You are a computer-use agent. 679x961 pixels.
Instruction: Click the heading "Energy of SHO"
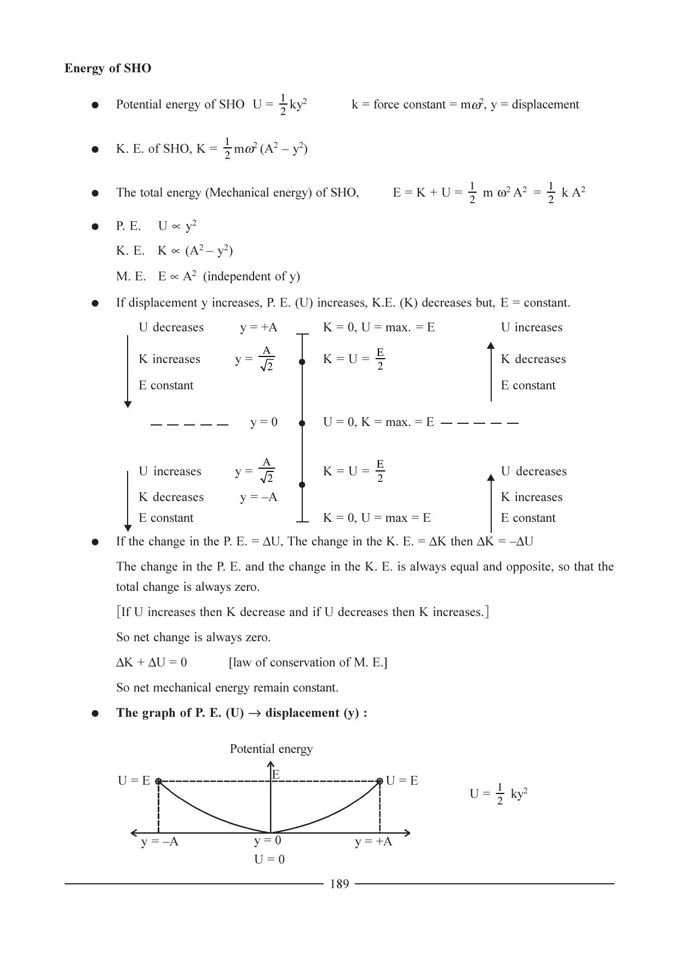pyautogui.click(x=108, y=68)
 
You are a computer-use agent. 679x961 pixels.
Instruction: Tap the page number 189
pyautogui.click(x=339, y=884)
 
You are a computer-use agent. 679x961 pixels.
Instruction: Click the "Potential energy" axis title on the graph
pyautogui.click(x=271, y=749)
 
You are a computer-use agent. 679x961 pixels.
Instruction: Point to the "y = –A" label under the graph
pyautogui.click(x=159, y=842)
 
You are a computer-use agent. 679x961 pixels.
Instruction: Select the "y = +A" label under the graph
pyautogui.click(x=373, y=842)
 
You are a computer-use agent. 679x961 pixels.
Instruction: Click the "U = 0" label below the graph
pyautogui.click(x=269, y=859)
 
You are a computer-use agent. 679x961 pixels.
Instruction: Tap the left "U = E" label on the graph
pyautogui.click(x=134, y=781)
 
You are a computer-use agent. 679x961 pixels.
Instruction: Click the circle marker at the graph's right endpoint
pyautogui.click(x=379, y=781)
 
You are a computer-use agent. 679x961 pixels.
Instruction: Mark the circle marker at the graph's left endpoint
pyautogui.click(x=158, y=781)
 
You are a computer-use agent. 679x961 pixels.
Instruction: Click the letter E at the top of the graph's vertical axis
pyautogui.click(x=276, y=774)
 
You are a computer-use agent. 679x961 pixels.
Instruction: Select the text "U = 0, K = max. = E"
pyautogui.click(x=378, y=422)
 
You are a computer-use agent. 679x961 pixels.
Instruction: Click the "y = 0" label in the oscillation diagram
pyautogui.click(x=264, y=422)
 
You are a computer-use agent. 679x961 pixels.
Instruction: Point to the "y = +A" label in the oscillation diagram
pyautogui.click(x=258, y=327)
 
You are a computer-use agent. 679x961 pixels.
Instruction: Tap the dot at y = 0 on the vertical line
pyautogui.click(x=302, y=423)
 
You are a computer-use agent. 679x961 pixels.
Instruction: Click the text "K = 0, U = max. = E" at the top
pyautogui.click(x=379, y=327)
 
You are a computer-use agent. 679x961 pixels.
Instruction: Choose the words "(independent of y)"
pyautogui.click(x=251, y=277)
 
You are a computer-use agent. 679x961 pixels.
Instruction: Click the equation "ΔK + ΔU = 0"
pyautogui.click(x=152, y=663)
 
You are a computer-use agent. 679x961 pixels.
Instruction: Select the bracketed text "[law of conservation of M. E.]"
pyautogui.click(x=308, y=663)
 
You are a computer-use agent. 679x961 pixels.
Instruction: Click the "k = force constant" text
pyautogui.click(x=398, y=105)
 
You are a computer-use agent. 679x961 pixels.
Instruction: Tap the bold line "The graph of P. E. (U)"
pyautogui.click(x=241, y=713)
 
